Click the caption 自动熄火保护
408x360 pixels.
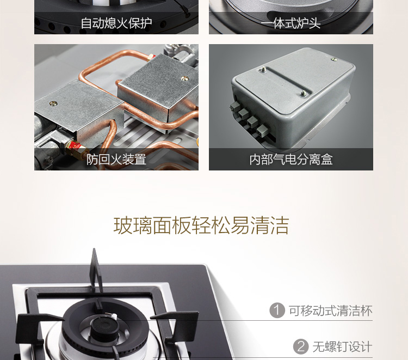pos(116,23)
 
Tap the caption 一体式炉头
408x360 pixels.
pos(290,23)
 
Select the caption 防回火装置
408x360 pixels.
pos(116,160)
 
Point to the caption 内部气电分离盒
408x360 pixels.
pos(291,160)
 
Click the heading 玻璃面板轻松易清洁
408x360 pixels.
pos(201,225)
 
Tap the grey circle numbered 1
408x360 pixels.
pos(277,310)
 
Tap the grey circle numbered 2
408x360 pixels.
pos(301,347)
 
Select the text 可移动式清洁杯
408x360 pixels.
pos(330,310)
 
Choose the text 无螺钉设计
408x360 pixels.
pos(342,347)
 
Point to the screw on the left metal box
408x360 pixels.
pos(53,103)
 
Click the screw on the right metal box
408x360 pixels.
pos(184,78)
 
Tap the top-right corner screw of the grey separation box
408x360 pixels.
pos(333,60)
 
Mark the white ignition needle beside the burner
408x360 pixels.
pos(114,316)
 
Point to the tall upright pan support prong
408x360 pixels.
pos(95,271)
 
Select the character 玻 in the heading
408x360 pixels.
pos(123,225)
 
